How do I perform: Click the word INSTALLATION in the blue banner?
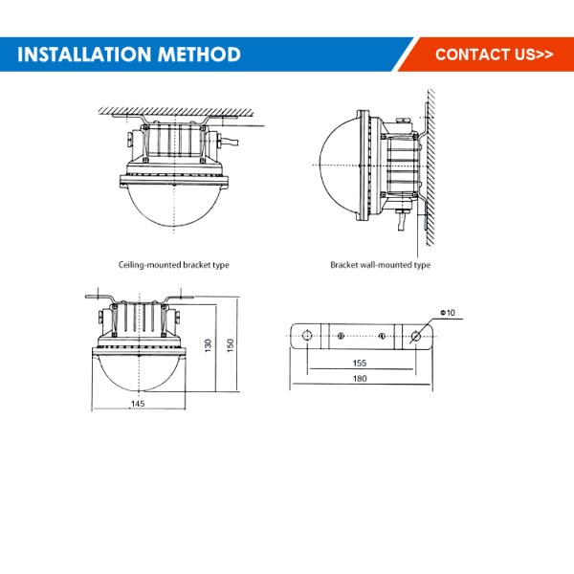click(84, 55)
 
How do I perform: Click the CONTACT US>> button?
click(495, 55)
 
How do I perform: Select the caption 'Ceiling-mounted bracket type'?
click(174, 265)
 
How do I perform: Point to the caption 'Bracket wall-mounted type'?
click(380, 265)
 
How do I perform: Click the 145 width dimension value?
click(138, 404)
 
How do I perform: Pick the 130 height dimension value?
click(208, 345)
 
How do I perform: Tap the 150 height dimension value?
click(230, 345)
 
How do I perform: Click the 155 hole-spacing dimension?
click(360, 363)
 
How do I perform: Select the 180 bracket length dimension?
click(360, 378)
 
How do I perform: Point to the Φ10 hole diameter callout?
click(448, 313)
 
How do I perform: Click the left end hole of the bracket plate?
click(307, 336)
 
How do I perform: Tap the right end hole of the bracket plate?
click(416, 336)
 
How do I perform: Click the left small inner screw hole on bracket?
click(341, 336)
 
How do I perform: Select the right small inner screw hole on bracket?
click(382, 336)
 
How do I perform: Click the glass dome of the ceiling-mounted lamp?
click(174, 205)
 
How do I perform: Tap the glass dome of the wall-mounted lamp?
click(340, 166)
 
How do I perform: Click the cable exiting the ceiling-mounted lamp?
click(229, 142)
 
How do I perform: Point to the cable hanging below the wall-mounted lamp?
click(402, 222)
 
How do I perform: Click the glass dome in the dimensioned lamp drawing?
click(139, 372)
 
